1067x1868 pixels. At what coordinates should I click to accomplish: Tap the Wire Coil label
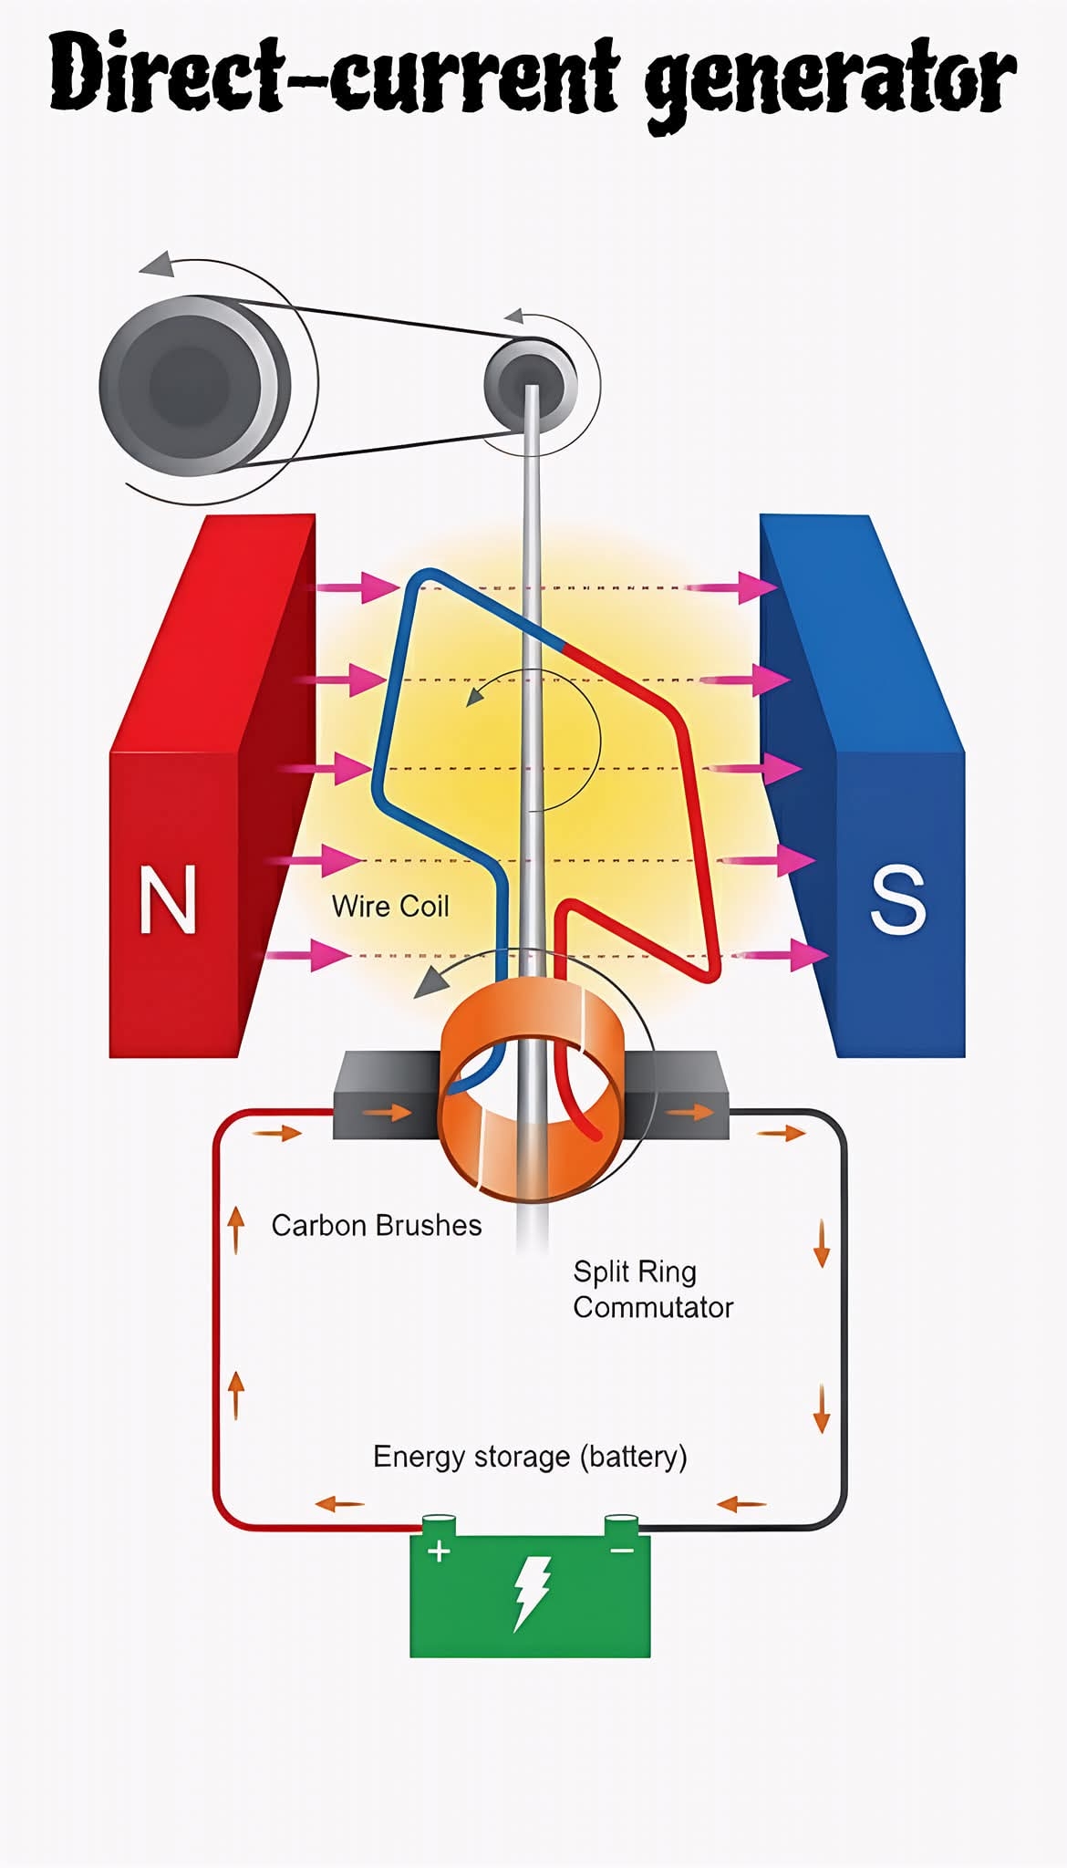(x=390, y=906)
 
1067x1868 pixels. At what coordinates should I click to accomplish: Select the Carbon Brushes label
(x=376, y=1225)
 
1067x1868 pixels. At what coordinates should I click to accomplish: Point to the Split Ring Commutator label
(x=652, y=1289)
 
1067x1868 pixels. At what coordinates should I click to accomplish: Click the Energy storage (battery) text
(x=530, y=1456)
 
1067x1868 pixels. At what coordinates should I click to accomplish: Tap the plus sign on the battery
(x=439, y=1551)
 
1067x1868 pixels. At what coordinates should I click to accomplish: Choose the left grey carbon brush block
(x=383, y=1095)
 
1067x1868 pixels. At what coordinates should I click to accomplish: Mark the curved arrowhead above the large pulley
(x=158, y=264)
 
